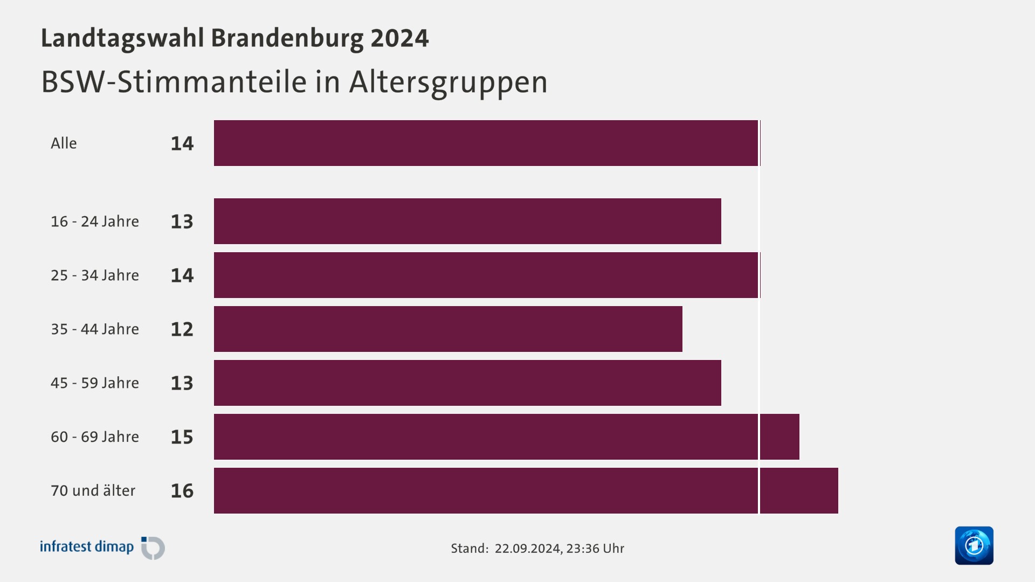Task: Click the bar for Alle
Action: (x=485, y=143)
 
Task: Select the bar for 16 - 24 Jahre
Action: (x=467, y=221)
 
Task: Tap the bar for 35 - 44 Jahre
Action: (x=448, y=329)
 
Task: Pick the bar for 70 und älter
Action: (x=526, y=490)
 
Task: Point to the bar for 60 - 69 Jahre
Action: (x=506, y=436)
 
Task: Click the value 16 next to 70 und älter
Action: (x=182, y=490)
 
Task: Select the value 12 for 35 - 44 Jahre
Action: (x=182, y=329)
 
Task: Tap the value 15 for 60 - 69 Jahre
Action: (x=182, y=436)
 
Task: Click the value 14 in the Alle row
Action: (x=182, y=143)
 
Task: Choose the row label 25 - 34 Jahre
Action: (x=95, y=275)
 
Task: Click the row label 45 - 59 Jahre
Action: (x=95, y=383)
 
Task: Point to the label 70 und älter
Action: (x=93, y=490)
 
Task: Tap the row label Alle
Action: (x=64, y=143)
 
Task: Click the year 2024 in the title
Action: (x=399, y=38)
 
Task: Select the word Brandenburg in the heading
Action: (x=287, y=38)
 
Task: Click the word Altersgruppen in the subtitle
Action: (x=448, y=82)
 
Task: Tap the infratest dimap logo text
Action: (x=87, y=546)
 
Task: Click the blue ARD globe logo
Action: (x=974, y=545)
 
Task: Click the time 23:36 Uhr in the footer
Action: (x=595, y=548)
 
